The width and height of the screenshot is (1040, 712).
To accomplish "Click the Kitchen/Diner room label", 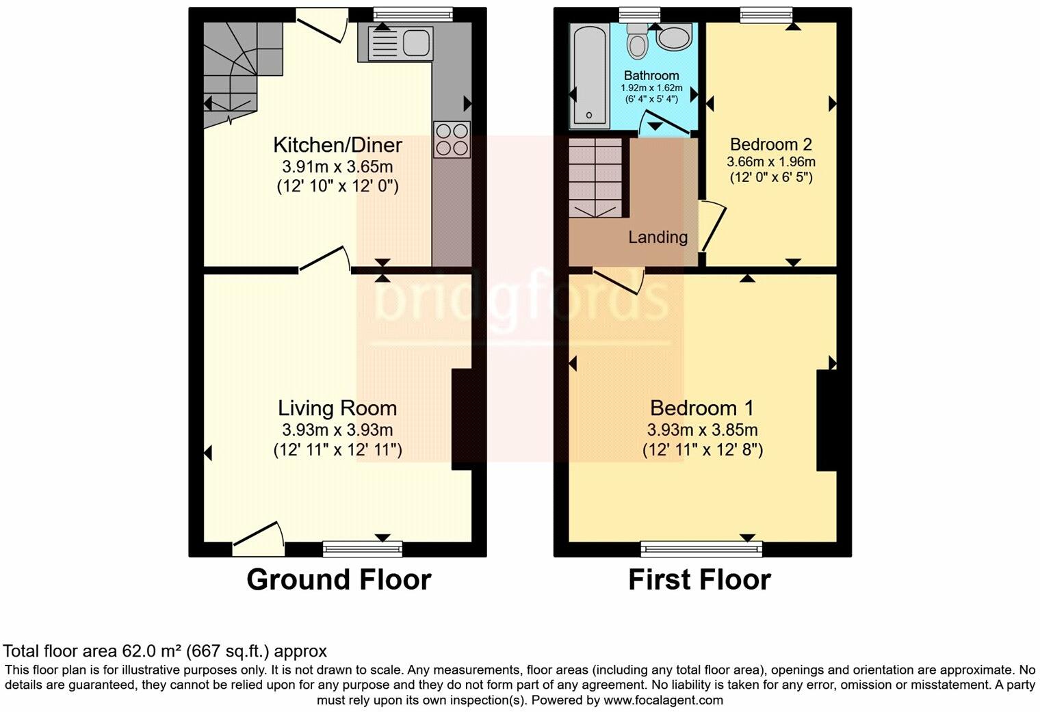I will [x=337, y=145].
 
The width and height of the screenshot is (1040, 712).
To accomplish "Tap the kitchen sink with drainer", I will [x=400, y=43].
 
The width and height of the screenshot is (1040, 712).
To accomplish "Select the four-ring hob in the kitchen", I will [x=452, y=139].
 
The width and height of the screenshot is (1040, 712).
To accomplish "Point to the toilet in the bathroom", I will [x=638, y=42].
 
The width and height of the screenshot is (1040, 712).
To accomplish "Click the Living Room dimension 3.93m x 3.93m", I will [x=337, y=430].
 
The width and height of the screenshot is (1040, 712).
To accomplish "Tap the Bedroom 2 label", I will [x=770, y=144].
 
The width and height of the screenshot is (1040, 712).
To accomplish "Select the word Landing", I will [x=658, y=237].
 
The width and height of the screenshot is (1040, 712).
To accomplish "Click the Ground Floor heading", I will [x=339, y=580].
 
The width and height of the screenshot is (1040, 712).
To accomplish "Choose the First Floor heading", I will [x=699, y=580].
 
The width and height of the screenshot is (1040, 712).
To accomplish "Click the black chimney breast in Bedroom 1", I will [x=827, y=420].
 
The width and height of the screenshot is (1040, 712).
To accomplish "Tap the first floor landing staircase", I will [x=596, y=178].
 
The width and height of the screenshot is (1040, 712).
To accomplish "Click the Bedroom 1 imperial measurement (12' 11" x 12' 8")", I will [x=702, y=450].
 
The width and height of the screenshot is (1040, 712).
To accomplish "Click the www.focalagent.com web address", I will [x=664, y=700].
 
